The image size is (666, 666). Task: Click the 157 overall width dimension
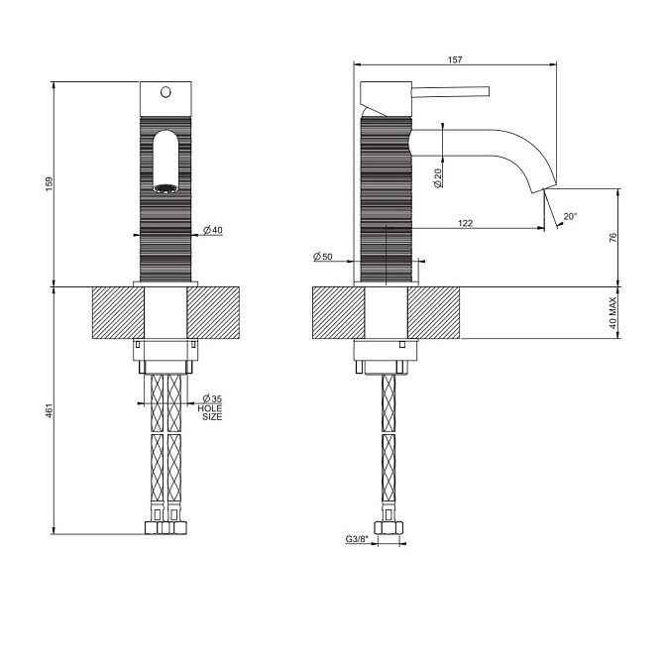click(x=455, y=59)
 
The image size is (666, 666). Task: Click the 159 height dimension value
click(x=50, y=183)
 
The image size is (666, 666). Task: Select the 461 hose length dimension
click(x=50, y=410)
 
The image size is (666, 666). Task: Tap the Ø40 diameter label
click(x=213, y=230)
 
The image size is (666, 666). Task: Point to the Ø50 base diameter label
click(x=323, y=256)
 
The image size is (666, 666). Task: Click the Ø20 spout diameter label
click(x=438, y=178)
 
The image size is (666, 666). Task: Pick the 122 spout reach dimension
click(x=466, y=223)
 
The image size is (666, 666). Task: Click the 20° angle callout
click(x=570, y=217)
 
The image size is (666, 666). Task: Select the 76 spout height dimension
click(x=612, y=238)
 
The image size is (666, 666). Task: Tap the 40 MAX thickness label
click(x=612, y=313)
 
